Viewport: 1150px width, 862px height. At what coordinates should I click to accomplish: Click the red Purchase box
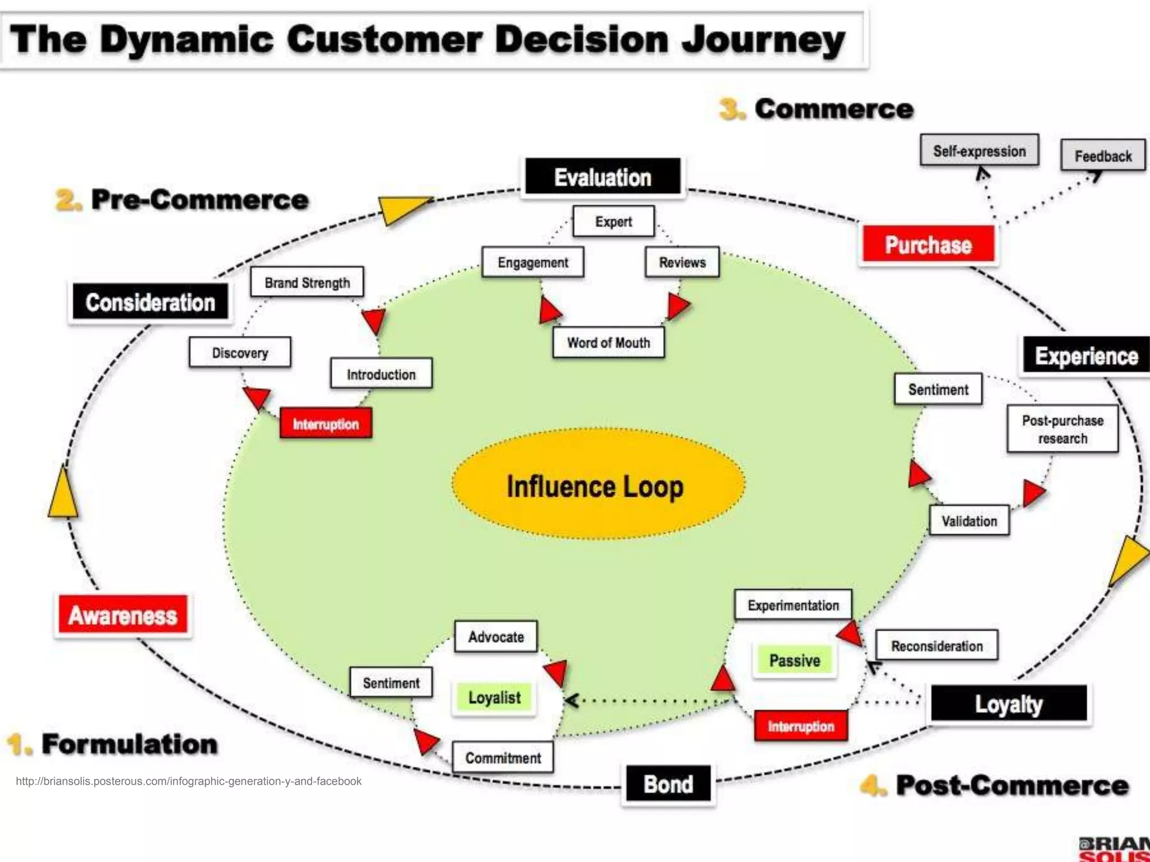coord(928,245)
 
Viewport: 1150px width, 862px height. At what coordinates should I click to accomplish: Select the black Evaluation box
coord(603,177)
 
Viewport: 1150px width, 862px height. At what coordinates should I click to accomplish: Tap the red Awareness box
coord(123,615)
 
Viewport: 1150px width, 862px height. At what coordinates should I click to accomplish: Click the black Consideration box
coord(150,302)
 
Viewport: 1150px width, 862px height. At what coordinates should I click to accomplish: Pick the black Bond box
coord(668,784)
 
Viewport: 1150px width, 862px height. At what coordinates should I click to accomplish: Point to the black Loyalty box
coord(1008,703)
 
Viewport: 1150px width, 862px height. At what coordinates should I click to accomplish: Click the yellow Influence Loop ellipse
coord(597,485)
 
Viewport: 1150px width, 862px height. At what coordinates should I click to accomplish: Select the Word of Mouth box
coord(608,342)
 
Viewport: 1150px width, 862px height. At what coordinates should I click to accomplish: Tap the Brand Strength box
coord(307,282)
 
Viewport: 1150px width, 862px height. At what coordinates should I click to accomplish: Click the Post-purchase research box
coord(1062,429)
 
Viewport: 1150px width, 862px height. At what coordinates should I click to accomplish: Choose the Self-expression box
coord(979,150)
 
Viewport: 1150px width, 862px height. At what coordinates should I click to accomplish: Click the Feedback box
coord(1103,155)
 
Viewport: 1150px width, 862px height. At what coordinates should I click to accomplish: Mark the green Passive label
coord(795,660)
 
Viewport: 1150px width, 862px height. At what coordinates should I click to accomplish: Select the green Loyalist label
coord(494,698)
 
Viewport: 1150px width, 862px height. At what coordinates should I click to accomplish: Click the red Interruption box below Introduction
coord(326,424)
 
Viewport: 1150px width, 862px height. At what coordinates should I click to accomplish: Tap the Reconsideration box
coord(937,646)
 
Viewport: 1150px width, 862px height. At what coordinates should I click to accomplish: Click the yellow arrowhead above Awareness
coord(63,494)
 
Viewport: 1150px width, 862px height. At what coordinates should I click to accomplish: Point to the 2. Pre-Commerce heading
coord(183,200)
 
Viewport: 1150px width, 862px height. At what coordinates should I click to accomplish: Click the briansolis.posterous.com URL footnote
coord(189,781)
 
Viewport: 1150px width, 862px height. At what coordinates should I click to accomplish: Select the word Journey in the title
coord(763,40)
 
